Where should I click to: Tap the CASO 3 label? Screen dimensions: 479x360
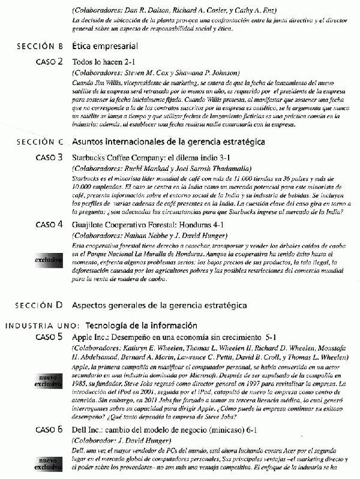coord(49,158)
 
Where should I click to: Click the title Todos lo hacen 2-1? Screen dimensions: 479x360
coord(104,62)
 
